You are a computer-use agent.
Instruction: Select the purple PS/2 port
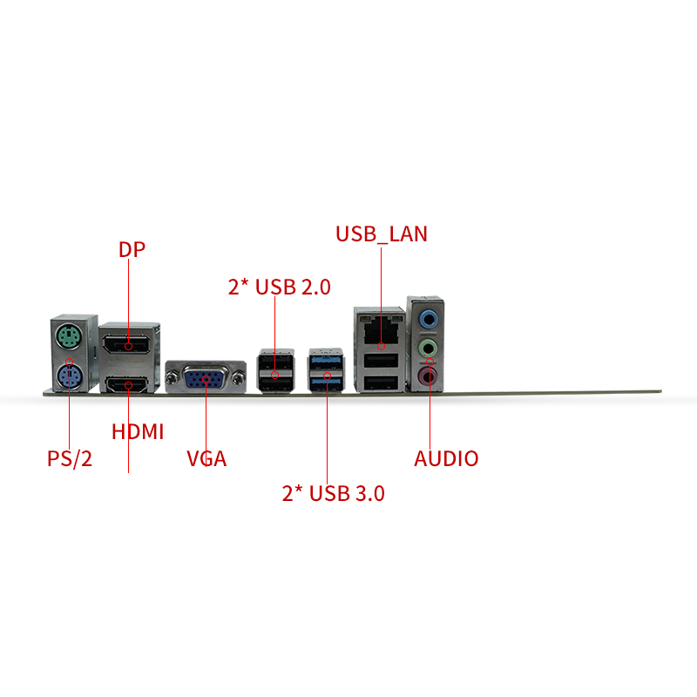70,376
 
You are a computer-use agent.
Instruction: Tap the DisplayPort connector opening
126,345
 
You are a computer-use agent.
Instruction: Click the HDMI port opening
126,385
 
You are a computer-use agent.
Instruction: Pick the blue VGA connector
205,379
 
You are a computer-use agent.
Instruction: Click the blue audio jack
429,318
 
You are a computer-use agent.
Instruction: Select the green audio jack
429,347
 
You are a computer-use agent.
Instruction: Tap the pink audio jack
428,376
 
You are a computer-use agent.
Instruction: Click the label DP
132,249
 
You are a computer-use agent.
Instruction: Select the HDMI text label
138,431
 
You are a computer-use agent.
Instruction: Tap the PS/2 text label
70,458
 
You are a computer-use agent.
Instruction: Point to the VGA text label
206,459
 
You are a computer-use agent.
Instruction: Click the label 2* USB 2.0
280,287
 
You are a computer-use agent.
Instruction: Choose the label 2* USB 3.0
334,493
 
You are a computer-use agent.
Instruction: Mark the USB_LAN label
382,234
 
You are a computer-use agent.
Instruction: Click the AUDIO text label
446,459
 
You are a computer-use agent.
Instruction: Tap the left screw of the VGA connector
171,379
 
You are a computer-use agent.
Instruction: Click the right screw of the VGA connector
239,379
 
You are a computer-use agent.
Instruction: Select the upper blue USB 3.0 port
327,362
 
